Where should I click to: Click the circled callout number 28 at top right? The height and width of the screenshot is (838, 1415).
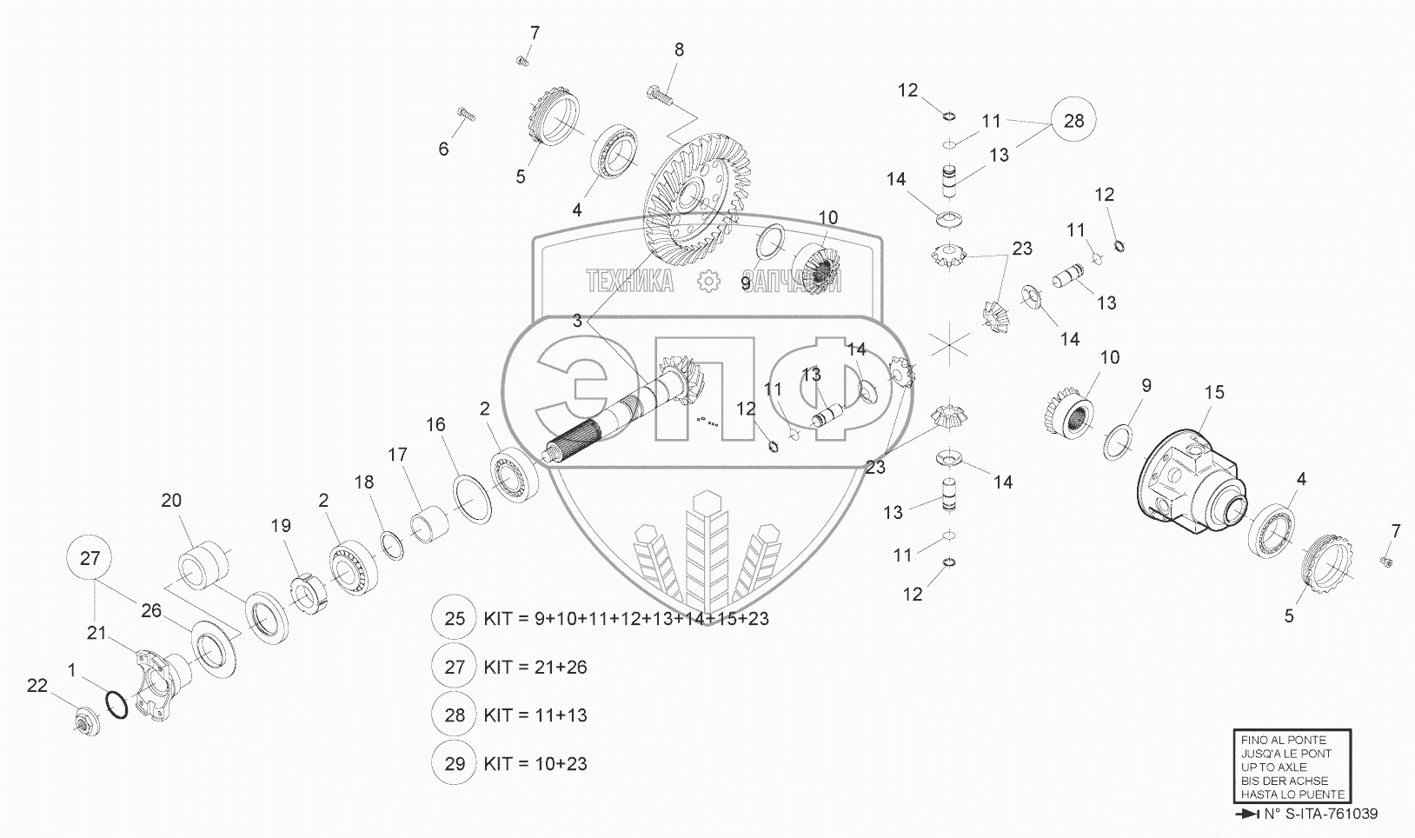click(1073, 119)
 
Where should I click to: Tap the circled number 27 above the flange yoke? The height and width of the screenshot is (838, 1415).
click(90, 558)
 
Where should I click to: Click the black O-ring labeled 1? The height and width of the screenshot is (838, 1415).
click(116, 705)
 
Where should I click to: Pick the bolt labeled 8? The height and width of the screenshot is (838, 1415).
click(661, 96)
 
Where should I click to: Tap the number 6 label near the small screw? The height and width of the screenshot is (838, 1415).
click(443, 150)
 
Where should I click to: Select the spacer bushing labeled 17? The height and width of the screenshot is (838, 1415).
click(429, 523)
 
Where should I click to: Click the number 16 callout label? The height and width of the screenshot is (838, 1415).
click(435, 425)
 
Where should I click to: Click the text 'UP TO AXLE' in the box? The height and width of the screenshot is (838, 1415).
click(1273, 768)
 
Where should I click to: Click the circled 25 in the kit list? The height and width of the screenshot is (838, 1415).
click(455, 618)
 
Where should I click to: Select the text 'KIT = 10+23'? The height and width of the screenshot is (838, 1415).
click(535, 763)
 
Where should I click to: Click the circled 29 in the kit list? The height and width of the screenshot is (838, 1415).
click(455, 763)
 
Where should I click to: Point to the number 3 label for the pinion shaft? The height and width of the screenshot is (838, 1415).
click(577, 321)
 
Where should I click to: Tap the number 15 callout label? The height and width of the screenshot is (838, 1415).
click(1214, 392)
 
